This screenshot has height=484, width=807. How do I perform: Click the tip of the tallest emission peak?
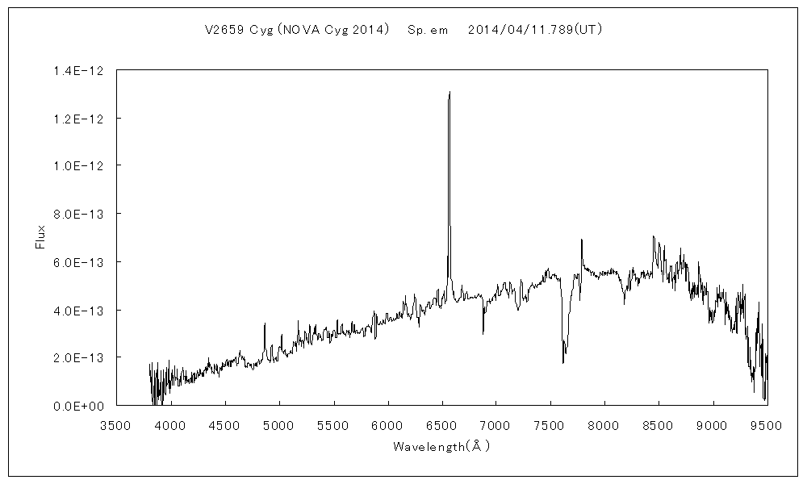pyautogui.click(x=449, y=92)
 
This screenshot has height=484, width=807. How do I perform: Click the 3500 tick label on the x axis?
pyautogui.click(x=116, y=424)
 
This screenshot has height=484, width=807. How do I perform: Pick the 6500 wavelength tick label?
pyautogui.click(x=441, y=424)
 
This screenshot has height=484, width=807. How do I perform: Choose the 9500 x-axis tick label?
pyautogui.click(x=767, y=424)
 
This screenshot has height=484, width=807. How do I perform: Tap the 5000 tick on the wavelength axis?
pyautogui.click(x=279, y=424)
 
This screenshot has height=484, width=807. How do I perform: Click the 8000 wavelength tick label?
pyautogui.click(x=604, y=424)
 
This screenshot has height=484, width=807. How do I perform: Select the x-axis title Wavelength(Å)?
pyautogui.click(x=441, y=446)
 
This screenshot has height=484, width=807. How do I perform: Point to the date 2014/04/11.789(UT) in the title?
pyautogui.click(x=535, y=30)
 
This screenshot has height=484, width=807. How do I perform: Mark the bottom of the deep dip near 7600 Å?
pyautogui.click(x=563, y=362)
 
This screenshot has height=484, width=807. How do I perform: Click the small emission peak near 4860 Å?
pyautogui.click(x=265, y=323)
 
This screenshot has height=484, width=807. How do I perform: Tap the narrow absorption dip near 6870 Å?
pyautogui.click(x=483, y=332)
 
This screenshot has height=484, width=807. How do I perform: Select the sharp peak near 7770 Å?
pyautogui.click(x=581, y=240)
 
